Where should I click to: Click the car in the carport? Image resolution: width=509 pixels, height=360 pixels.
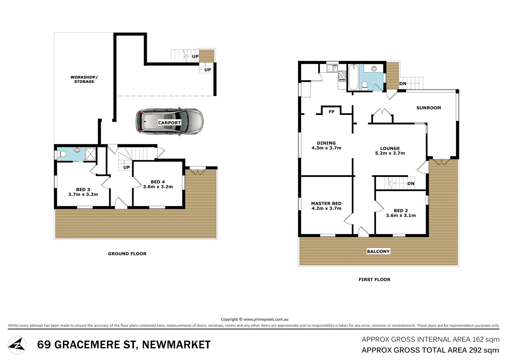pyautogui.click(x=170, y=122)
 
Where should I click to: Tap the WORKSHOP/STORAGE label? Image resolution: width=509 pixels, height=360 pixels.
pyautogui.click(x=84, y=79)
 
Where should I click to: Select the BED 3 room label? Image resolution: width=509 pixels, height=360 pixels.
pyautogui.click(x=83, y=189)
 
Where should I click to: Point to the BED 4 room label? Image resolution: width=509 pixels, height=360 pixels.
pyautogui.click(x=158, y=182)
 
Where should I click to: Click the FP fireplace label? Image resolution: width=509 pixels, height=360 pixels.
pyautogui.click(x=331, y=112)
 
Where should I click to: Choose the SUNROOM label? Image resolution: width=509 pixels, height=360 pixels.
pyautogui.click(x=428, y=108)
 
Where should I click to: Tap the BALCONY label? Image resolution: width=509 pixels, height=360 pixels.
pyautogui.click(x=378, y=251)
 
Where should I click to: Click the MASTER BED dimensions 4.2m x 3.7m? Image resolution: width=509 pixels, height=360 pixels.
pyautogui.click(x=326, y=208)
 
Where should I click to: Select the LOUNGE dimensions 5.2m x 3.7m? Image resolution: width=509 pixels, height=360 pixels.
pyautogui.click(x=390, y=153)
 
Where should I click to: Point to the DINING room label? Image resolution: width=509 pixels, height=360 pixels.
pyautogui.click(x=326, y=143)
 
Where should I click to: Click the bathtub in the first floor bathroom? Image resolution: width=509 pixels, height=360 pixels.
pyautogui.click(x=353, y=77)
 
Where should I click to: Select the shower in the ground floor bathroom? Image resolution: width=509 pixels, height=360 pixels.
pyautogui.click(x=91, y=154)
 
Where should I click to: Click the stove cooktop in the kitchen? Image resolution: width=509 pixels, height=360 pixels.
pyautogui.click(x=342, y=76)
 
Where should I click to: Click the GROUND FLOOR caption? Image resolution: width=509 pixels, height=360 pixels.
pyautogui.click(x=127, y=254)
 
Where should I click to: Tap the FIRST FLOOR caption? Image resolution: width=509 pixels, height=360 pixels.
pyautogui.click(x=374, y=280)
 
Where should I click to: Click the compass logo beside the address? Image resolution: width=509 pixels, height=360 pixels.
pyautogui.click(x=17, y=345)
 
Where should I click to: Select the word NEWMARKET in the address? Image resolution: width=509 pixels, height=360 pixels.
pyautogui.click(x=176, y=345)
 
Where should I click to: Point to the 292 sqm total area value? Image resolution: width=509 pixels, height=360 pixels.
pyautogui.click(x=484, y=350)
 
